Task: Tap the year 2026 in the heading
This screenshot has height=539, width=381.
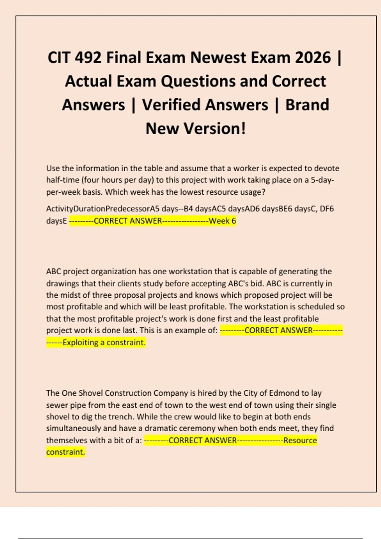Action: (x=313, y=58)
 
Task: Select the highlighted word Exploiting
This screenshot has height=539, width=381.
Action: (x=80, y=342)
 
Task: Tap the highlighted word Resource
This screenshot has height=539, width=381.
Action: (x=300, y=440)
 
